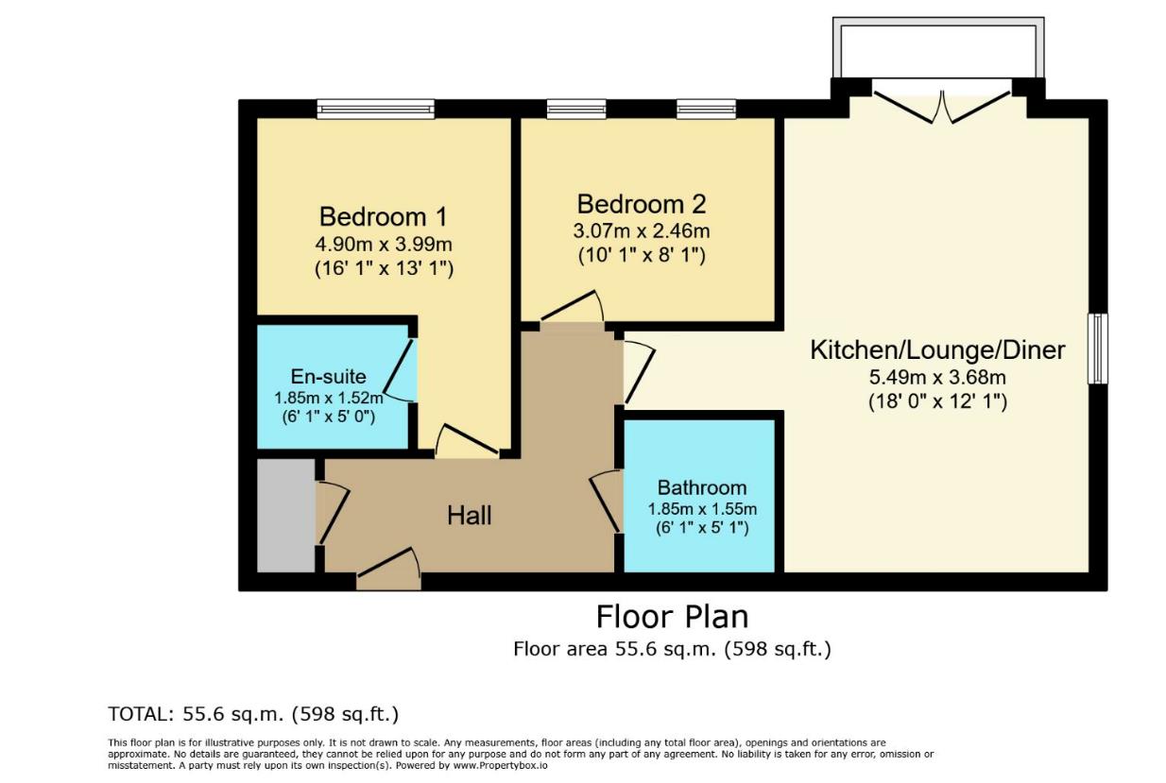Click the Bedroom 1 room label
point(383,217)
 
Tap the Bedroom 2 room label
point(642,204)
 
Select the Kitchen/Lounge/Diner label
point(937,350)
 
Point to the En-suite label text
point(328,376)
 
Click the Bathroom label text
point(702,487)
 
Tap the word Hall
point(469,516)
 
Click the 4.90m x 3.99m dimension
point(384,244)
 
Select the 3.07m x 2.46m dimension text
point(642,230)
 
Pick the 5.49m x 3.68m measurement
point(937,377)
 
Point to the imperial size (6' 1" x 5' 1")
point(702,528)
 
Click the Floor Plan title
point(672,617)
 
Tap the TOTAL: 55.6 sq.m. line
point(253,714)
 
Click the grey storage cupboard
point(286,516)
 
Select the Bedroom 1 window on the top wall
point(376,110)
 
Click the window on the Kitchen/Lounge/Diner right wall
point(1098,349)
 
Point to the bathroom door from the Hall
point(606,501)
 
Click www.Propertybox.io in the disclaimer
point(500,765)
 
